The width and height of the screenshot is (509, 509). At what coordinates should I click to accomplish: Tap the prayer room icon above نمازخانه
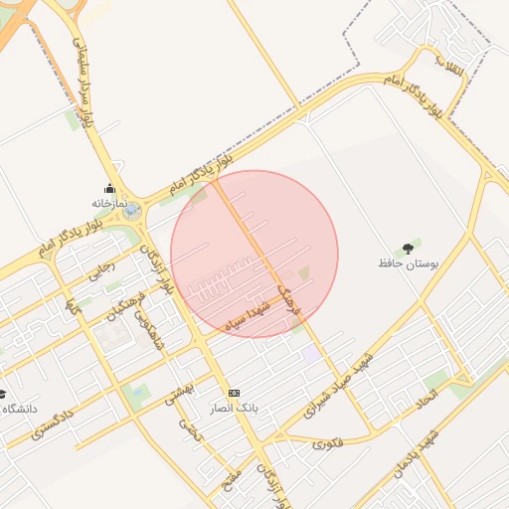[x=109, y=189]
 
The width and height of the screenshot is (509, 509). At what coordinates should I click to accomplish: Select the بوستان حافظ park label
[x=408, y=263]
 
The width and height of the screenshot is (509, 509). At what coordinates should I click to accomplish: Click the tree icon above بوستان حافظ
[x=408, y=249]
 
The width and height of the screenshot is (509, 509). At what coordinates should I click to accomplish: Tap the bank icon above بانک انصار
[x=234, y=393]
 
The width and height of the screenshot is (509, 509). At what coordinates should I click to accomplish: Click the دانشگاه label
[x=20, y=409]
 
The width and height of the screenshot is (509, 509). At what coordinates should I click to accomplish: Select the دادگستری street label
[x=51, y=424]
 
